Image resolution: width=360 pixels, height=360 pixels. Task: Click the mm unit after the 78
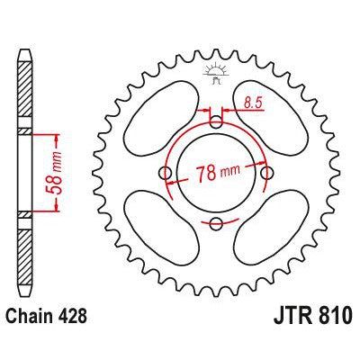(229, 173)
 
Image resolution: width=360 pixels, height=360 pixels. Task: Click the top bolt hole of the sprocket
(215, 121)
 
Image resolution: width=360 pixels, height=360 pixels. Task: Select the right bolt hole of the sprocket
(266, 172)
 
